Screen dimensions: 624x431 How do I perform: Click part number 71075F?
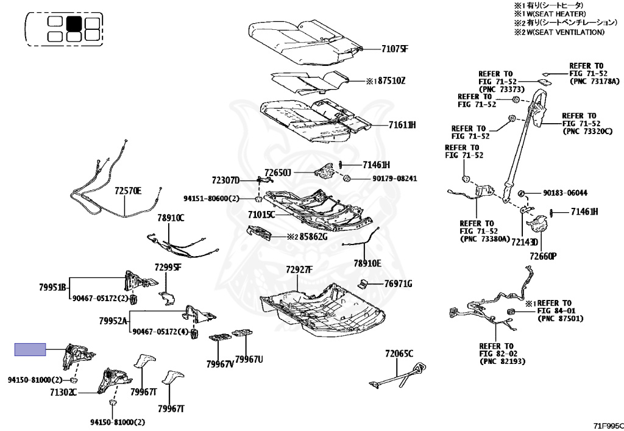(x=395, y=49)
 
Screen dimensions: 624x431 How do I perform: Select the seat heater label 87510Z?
(x=391, y=81)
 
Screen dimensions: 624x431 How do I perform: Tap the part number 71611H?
(x=402, y=125)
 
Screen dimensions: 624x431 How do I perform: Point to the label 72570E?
(x=128, y=191)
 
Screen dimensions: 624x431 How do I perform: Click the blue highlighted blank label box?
(x=30, y=349)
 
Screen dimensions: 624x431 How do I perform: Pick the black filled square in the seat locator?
(x=74, y=24)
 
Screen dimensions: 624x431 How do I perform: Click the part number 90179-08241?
(x=395, y=178)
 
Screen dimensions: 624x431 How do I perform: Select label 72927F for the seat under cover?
(x=299, y=270)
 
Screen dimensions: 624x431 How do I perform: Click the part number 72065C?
(x=399, y=354)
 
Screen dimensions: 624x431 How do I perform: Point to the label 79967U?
(x=249, y=359)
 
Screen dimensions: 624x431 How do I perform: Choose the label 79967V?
(x=220, y=364)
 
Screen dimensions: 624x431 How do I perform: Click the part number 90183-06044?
(x=565, y=193)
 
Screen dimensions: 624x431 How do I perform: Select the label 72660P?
(x=543, y=256)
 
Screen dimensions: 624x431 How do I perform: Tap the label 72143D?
(x=525, y=242)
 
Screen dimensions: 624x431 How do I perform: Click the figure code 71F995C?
(x=608, y=426)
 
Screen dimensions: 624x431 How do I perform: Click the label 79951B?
(x=52, y=287)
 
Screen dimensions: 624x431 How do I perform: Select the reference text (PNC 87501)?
(x=561, y=319)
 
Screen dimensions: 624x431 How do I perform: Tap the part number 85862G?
(x=313, y=237)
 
